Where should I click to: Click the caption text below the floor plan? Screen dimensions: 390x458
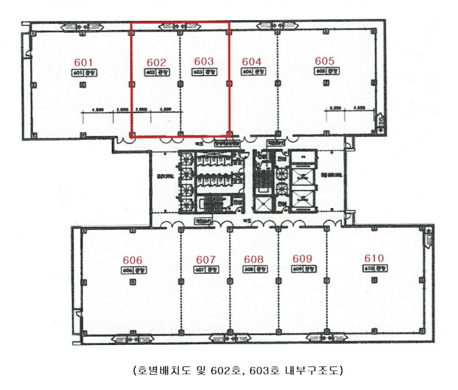[228, 370]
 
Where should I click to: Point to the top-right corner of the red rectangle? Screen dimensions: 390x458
[229, 22]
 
